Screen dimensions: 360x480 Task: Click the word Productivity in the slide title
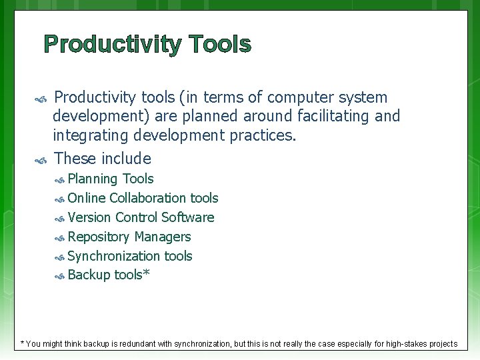click(111, 45)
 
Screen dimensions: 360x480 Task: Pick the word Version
click(89, 217)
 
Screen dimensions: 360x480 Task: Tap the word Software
click(188, 217)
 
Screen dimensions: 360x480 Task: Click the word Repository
click(99, 237)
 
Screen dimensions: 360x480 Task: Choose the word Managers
click(163, 237)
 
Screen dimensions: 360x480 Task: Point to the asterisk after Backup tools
click(146, 273)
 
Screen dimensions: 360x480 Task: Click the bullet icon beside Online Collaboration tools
click(59, 199)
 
